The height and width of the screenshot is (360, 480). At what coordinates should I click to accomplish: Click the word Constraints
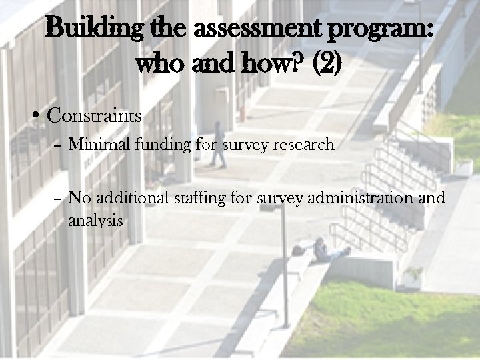[95, 116]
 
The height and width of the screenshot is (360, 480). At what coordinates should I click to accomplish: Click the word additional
[133, 198]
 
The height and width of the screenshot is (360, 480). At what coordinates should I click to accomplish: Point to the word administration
[363, 198]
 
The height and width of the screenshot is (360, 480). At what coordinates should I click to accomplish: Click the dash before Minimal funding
[57, 145]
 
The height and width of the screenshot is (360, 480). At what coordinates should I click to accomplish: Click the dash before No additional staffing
[57, 199]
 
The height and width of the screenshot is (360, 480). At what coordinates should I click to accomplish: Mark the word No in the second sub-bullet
[81, 198]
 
